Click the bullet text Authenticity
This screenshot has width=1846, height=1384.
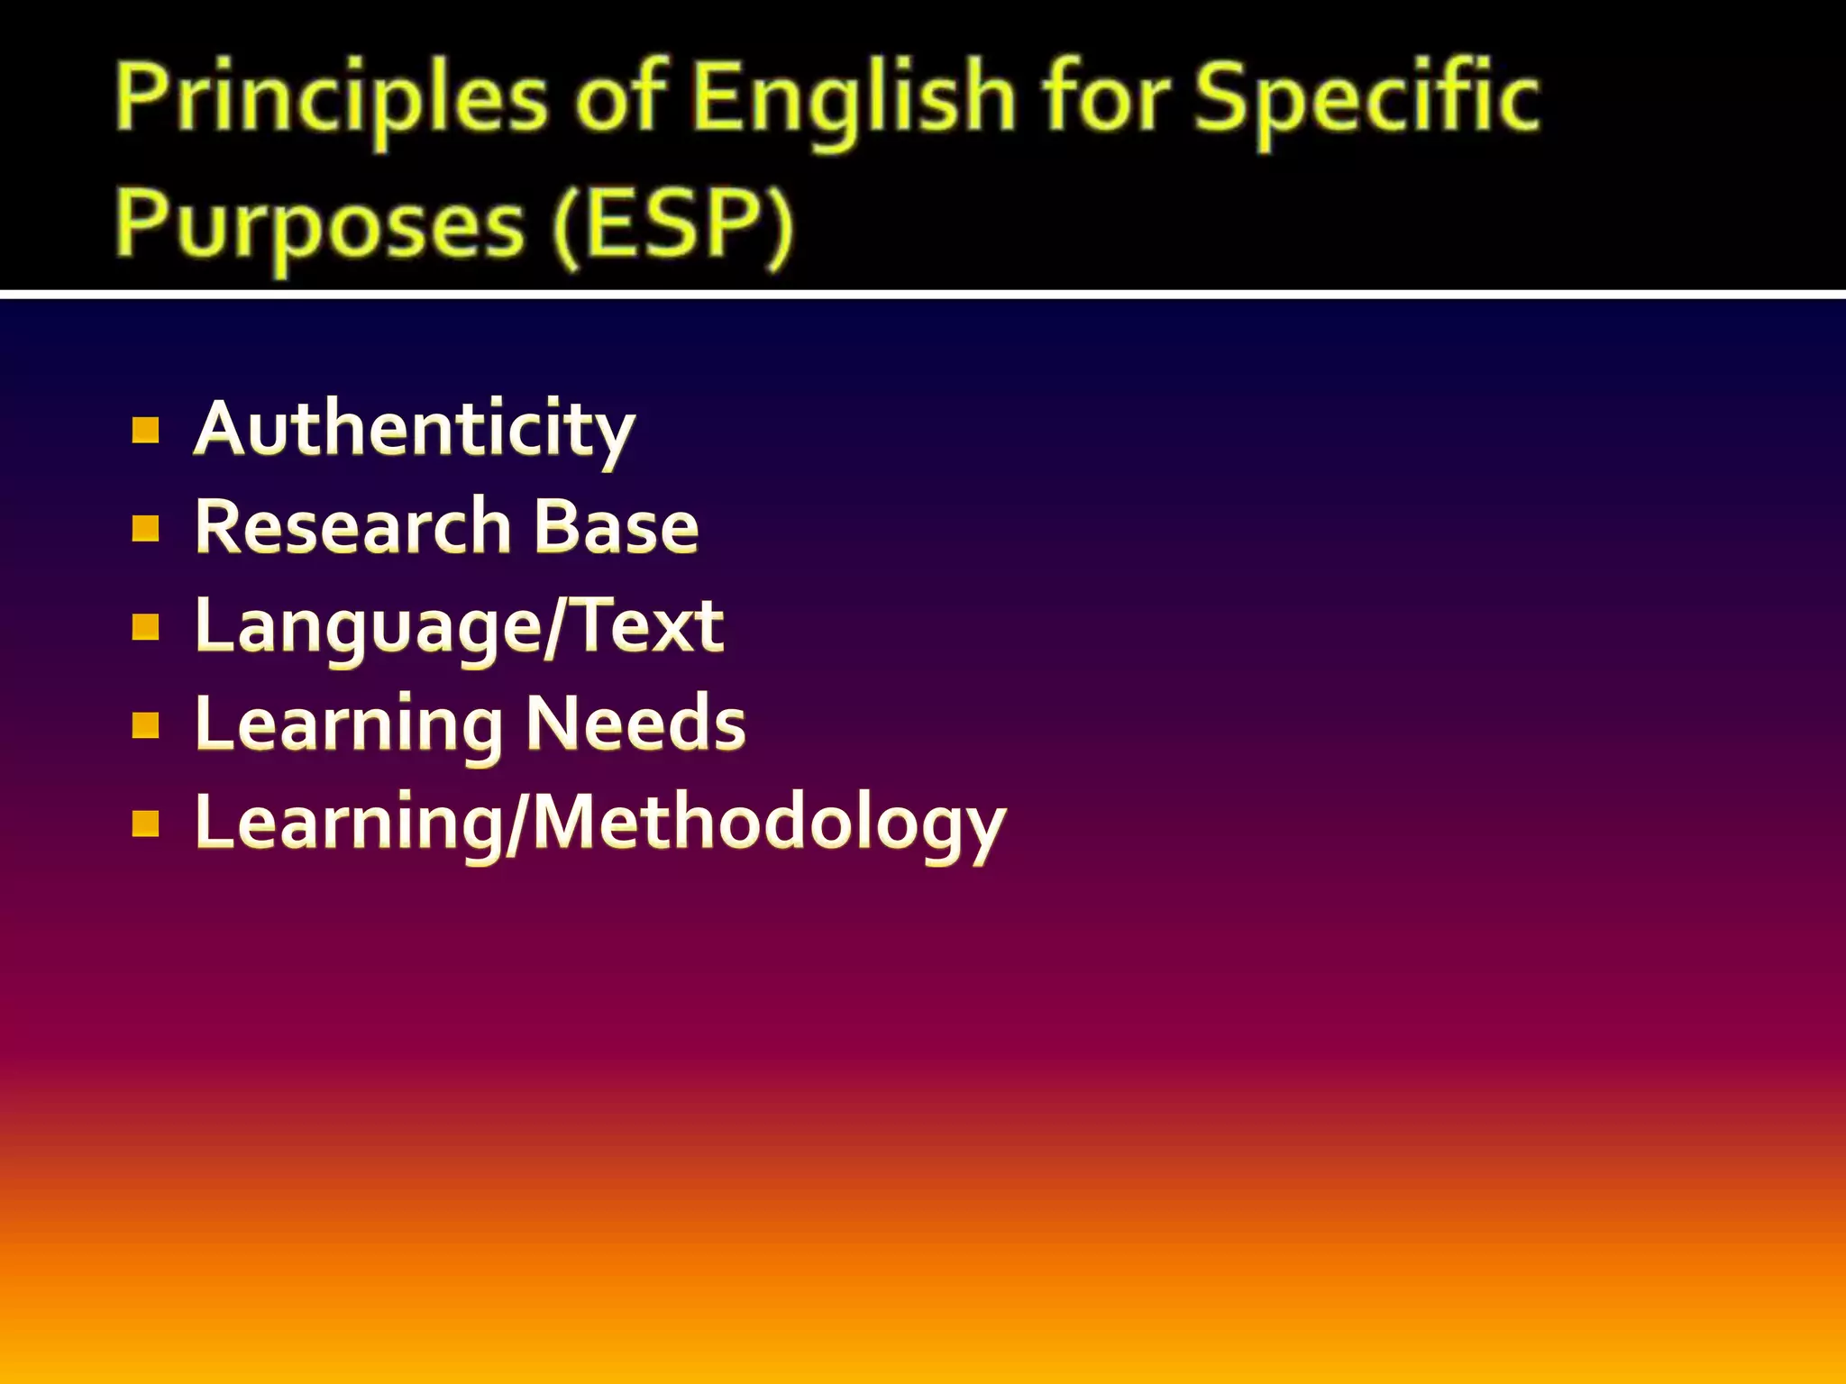click(415, 430)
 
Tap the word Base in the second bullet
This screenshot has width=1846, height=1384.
click(617, 527)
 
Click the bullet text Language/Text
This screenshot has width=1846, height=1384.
click(459, 627)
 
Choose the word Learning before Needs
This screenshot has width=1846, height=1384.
click(349, 726)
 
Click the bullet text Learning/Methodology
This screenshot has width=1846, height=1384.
click(599, 824)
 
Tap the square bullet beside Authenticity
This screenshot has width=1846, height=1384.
click(145, 431)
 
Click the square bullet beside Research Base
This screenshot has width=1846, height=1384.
click(145, 528)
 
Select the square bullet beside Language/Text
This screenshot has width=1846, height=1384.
click(145, 626)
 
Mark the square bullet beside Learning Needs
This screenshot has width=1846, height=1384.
click(145, 724)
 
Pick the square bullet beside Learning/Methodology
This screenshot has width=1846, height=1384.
click(145, 824)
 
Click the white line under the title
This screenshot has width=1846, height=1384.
click(923, 295)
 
